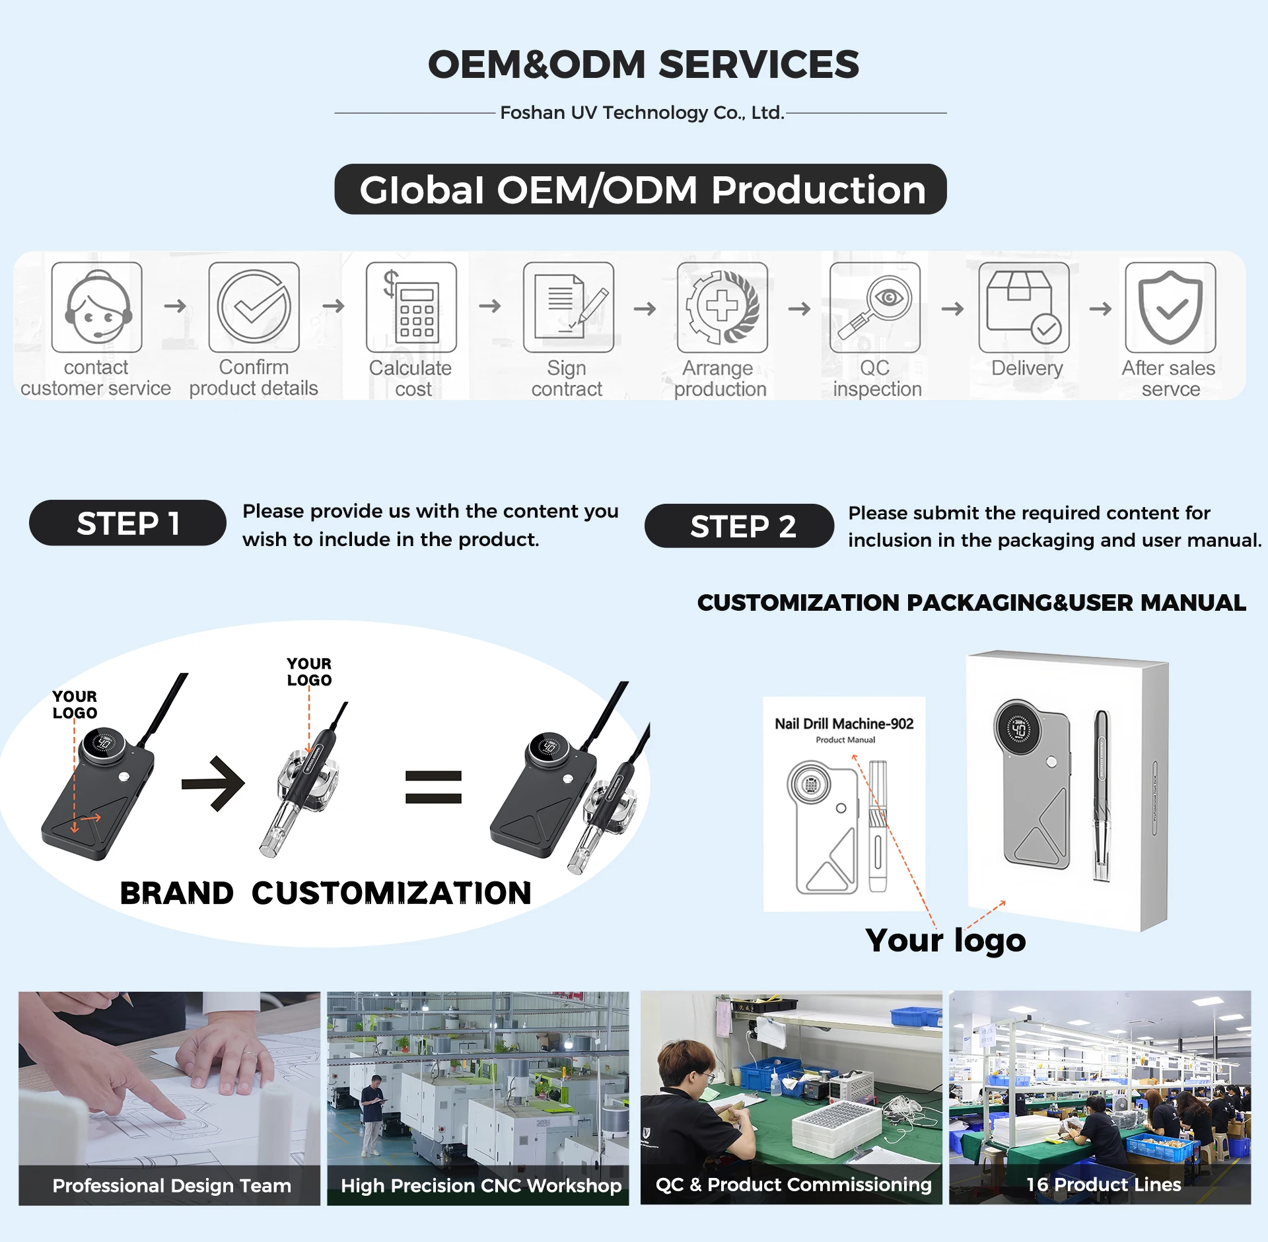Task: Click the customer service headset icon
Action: (x=97, y=308)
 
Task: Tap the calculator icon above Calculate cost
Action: (x=411, y=308)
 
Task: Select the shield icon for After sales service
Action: (x=1170, y=308)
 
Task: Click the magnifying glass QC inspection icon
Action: (x=875, y=308)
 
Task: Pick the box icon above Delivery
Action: (x=1024, y=308)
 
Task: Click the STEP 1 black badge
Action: (x=127, y=523)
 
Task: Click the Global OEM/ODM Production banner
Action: (x=641, y=190)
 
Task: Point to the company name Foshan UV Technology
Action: (x=641, y=113)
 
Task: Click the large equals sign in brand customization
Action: (x=433, y=786)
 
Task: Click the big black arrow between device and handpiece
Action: (x=213, y=784)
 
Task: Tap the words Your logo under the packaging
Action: (x=945, y=940)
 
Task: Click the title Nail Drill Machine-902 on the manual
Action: (x=844, y=724)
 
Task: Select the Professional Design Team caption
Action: (x=171, y=1186)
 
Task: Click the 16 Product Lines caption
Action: (x=1103, y=1185)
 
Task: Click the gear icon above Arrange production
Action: (x=722, y=308)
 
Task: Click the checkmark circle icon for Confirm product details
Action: (x=254, y=308)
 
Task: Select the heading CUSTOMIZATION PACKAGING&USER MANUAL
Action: (x=971, y=602)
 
